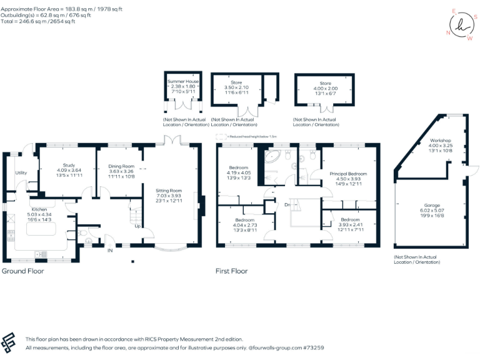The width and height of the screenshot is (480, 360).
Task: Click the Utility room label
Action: pos(21,172)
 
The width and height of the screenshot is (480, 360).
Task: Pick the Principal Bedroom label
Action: pos(349,174)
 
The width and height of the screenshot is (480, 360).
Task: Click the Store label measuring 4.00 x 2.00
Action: pos(325,82)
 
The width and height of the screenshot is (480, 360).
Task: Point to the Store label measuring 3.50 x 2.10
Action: pos(236,82)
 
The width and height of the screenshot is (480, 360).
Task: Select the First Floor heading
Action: pos(232,271)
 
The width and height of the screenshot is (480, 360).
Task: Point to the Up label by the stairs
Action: pos(137,226)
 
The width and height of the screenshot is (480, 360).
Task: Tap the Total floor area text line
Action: pos(38,21)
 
